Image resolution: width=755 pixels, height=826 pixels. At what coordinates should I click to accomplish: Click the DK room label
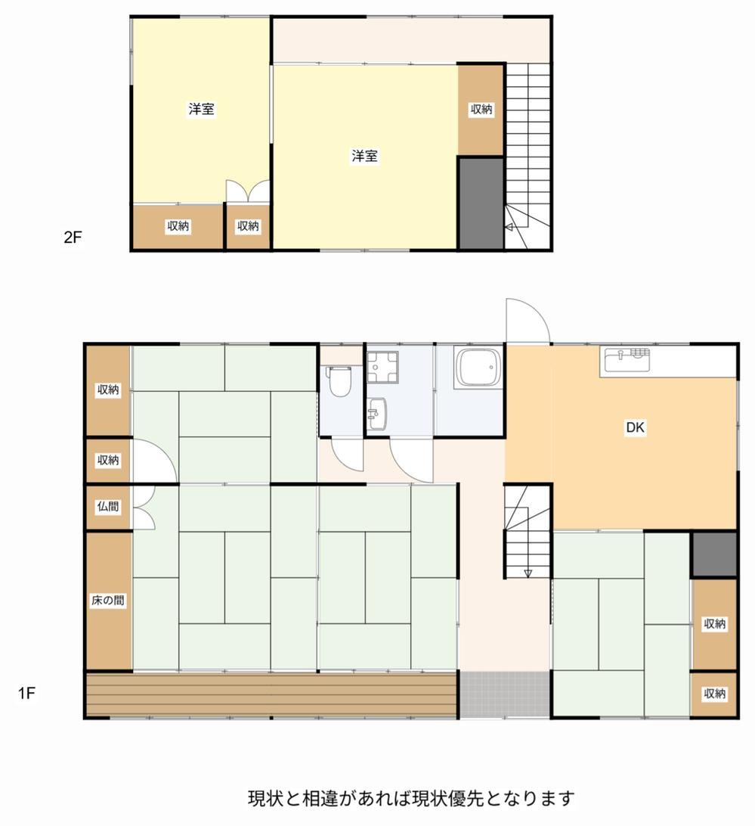(x=635, y=427)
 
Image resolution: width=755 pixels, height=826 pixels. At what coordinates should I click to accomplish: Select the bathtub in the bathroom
(x=476, y=368)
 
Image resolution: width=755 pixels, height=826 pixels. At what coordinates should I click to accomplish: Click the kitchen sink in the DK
(x=626, y=360)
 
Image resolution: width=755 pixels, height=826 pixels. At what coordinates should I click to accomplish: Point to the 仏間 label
(x=108, y=507)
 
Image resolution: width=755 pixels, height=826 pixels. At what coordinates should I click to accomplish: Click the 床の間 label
(x=108, y=600)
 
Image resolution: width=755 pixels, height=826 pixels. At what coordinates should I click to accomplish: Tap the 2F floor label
(x=73, y=237)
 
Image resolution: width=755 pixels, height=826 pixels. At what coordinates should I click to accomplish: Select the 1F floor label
(x=26, y=693)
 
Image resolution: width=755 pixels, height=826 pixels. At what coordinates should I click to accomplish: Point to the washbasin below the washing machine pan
(x=377, y=413)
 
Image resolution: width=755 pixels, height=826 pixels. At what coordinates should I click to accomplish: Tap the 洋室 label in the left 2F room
(x=202, y=109)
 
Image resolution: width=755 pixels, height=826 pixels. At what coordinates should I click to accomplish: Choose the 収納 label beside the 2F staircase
(x=481, y=109)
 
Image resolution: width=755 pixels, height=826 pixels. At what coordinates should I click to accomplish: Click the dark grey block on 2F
(x=481, y=203)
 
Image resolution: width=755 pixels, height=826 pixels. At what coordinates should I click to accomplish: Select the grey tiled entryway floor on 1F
(x=506, y=694)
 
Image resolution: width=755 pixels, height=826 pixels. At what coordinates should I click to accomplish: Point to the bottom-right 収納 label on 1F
(x=714, y=694)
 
